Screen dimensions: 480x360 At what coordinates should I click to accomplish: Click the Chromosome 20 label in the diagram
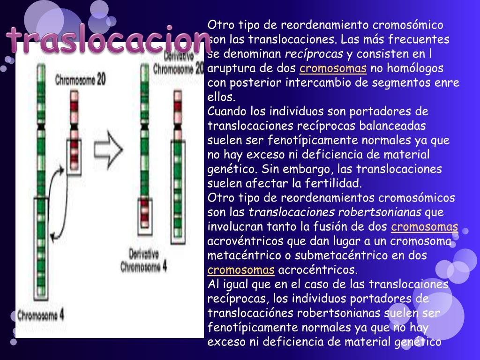[80, 80]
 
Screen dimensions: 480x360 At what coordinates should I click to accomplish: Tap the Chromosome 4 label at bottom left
[41, 315]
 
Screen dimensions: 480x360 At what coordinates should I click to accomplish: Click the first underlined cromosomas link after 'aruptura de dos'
[333, 69]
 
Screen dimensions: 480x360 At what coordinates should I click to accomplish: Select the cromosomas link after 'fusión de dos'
[424, 227]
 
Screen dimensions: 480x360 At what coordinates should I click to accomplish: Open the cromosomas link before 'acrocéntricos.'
[241, 270]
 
